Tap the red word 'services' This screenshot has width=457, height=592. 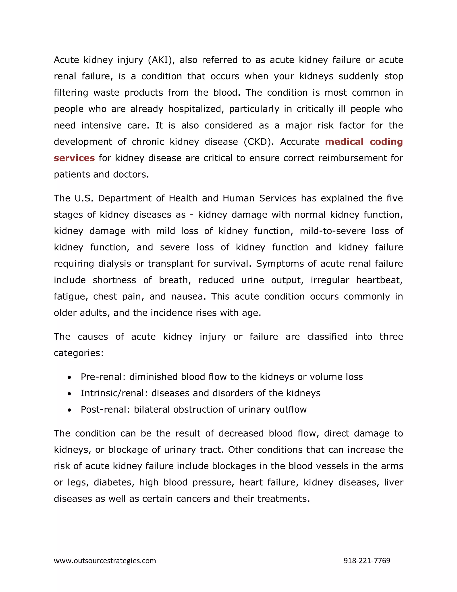[74, 158]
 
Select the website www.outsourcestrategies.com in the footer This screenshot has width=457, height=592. [105, 561]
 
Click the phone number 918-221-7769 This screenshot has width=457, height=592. [367, 561]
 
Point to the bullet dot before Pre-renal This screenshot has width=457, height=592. [70, 377]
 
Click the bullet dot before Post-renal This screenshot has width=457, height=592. [70, 410]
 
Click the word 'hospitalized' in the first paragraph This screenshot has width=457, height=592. [196, 109]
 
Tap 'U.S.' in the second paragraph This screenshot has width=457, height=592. [84, 198]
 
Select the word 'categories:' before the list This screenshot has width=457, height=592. [79, 353]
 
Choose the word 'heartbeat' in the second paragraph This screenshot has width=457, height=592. [379, 280]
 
